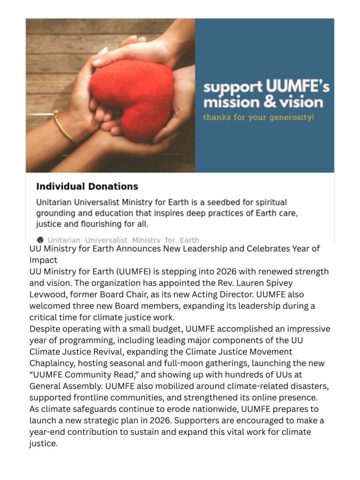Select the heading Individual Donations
tap(87, 187)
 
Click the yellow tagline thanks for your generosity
tap(258, 117)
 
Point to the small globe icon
tap(40, 240)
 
